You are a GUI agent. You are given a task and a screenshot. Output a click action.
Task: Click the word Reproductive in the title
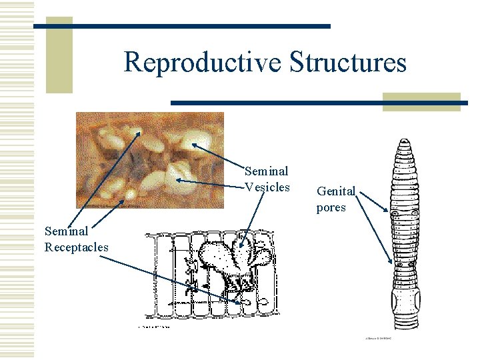coord(203,63)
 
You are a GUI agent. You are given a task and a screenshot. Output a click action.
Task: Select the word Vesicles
coord(267,187)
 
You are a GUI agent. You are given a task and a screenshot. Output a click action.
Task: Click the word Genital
coord(336,191)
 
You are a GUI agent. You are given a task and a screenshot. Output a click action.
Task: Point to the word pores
coord(331,207)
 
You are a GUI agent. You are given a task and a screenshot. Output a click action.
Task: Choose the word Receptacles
coord(76,247)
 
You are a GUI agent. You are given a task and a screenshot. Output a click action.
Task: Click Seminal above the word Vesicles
coord(267,171)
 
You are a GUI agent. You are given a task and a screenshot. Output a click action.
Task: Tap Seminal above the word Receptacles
coord(66,231)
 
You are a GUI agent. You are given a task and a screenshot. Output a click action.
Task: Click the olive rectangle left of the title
coord(59,55)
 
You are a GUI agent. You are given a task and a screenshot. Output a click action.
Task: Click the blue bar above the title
coord(181,26)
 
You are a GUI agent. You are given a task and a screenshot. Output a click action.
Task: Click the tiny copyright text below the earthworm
coord(379,339)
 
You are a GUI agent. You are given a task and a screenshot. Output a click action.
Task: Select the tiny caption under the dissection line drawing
coord(154,327)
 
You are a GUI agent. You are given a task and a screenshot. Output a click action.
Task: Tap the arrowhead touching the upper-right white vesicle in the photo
coord(191,143)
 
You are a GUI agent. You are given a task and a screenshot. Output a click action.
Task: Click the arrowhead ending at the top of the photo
coord(139,133)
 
